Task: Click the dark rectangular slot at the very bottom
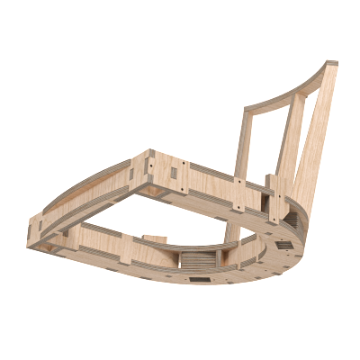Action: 200,280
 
